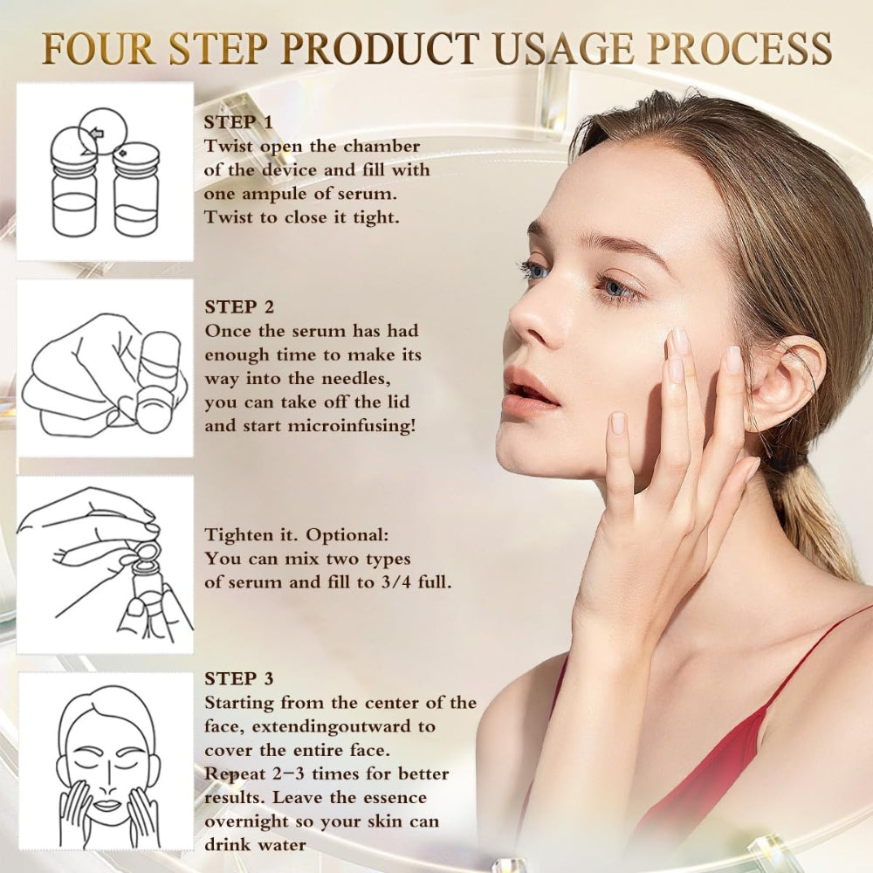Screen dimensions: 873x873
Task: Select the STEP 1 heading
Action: click(x=238, y=122)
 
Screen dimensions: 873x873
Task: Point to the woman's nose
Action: click(x=528, y=319)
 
